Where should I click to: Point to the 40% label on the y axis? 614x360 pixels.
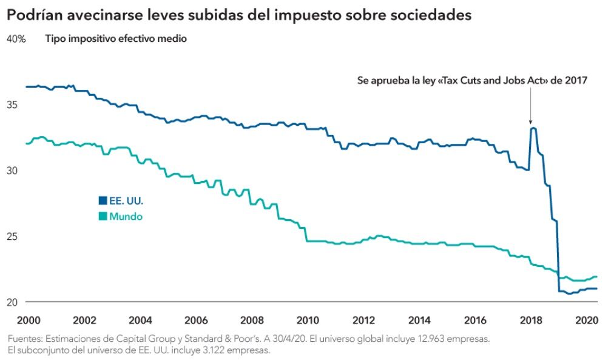tap(16, 39)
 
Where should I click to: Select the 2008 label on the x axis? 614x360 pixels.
tap(251, 321)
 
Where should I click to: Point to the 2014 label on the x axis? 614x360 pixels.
tap(419, 321)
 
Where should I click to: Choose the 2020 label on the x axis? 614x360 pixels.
tap(587, 321)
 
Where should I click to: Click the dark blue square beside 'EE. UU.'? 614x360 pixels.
tap(103, 200)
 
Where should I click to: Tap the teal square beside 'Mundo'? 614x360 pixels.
tap(103, 216)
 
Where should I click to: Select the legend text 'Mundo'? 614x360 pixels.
tap(126, 216)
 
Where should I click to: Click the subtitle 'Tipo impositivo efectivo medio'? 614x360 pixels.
tap(116, 39)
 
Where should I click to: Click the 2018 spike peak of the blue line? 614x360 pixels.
tap(533, 128)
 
